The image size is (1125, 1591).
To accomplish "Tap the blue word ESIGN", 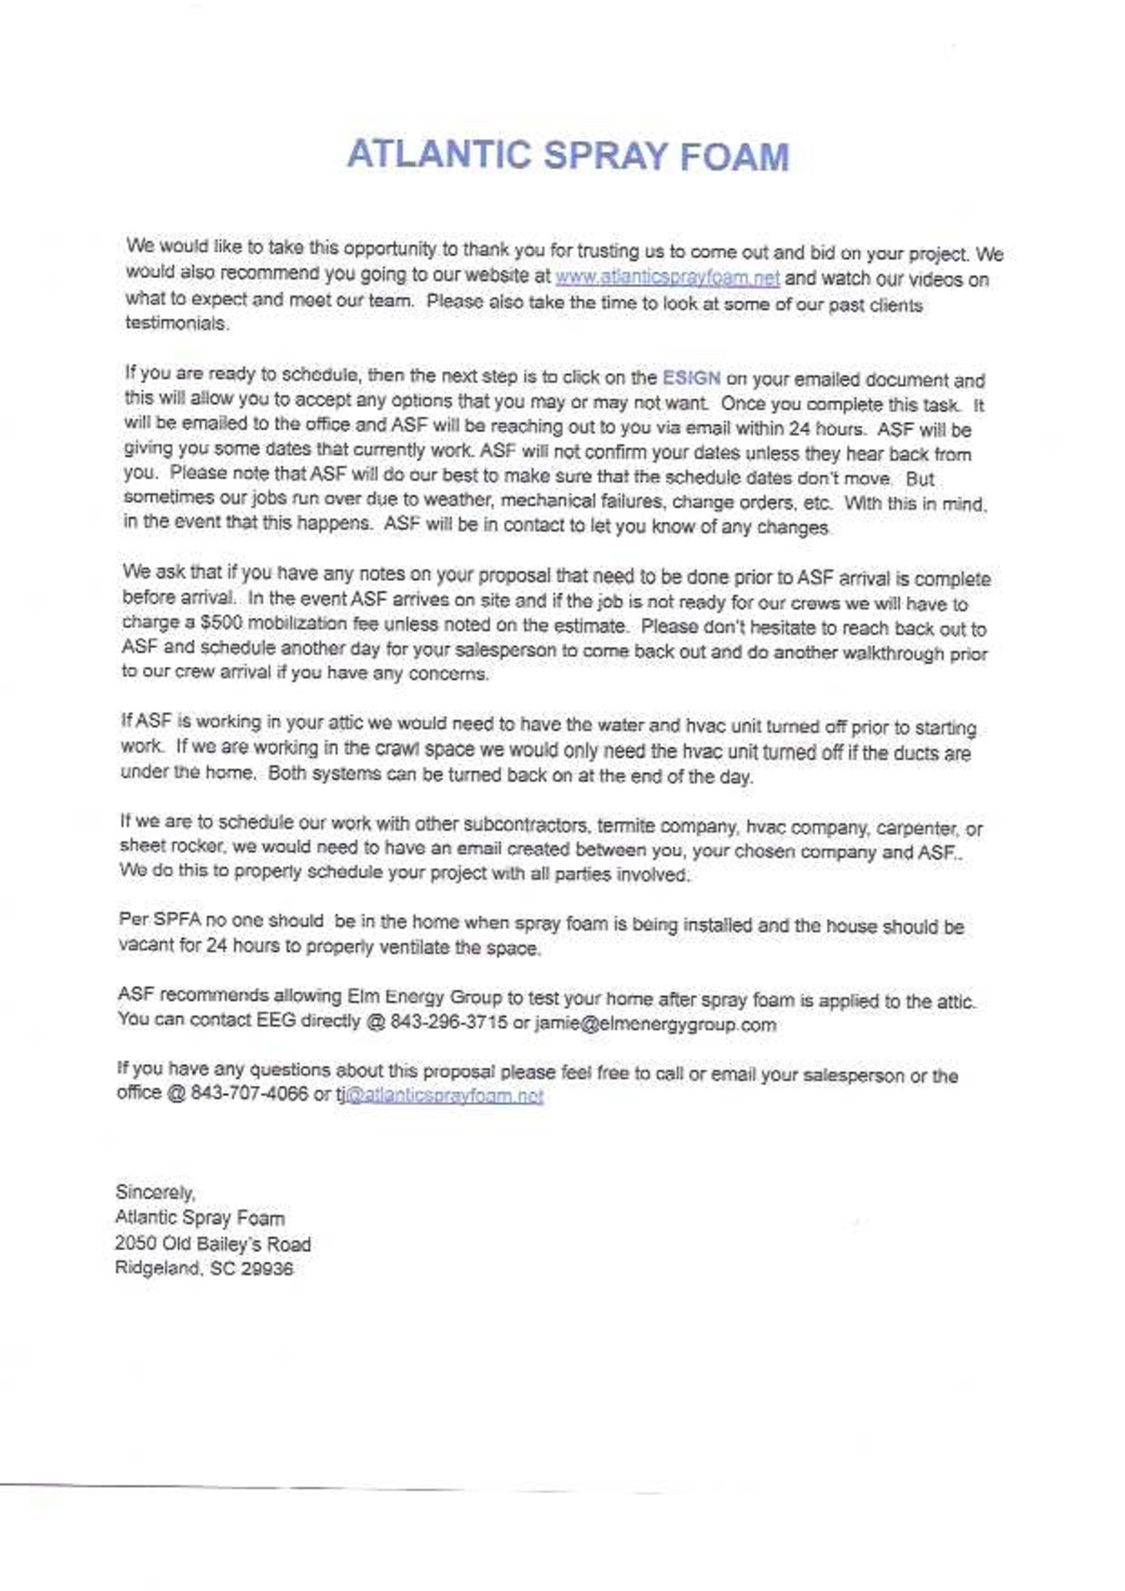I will (691, 378).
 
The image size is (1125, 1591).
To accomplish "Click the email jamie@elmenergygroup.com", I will (655, 1024).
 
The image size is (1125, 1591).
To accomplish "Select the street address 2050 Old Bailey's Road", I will (213, 1244).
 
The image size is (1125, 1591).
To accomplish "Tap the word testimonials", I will (176, 324).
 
